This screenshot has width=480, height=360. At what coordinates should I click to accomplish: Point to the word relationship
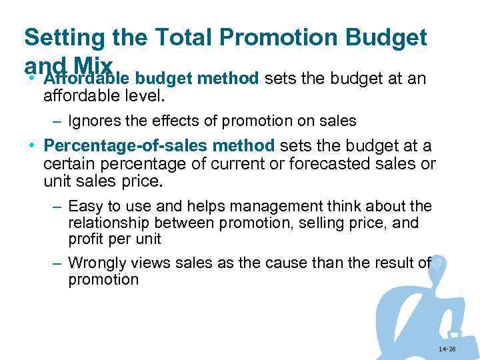(108, 223)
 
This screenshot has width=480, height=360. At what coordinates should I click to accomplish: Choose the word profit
(86, 239)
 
